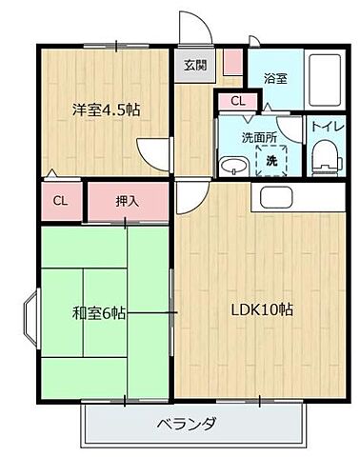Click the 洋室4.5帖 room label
(106, 110)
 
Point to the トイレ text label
(321, 124)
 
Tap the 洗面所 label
(258, 136)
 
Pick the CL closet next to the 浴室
(236, 100)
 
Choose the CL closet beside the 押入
(60, 201)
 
